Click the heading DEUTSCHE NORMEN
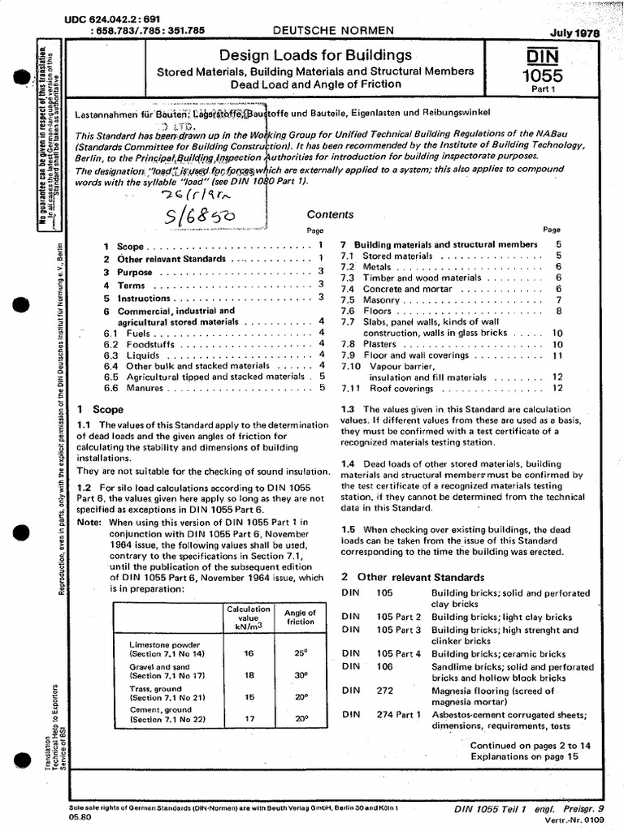point(332,30)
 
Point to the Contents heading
point(330,215)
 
